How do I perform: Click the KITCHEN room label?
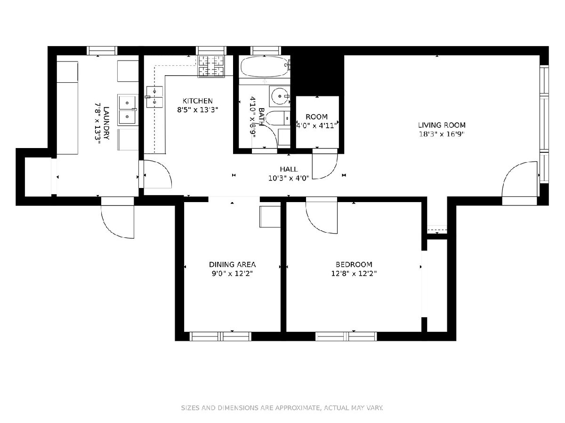point(197,101)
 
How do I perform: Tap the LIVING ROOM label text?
point(442,125)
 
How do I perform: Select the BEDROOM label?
point(354,264)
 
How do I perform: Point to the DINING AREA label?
point(232,264)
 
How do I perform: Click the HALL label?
point(289,169)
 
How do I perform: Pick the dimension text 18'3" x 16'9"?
point(442,134)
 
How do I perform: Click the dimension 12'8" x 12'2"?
point(354,274)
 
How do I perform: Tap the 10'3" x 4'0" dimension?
point(289,178)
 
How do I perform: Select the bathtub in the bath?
point(265,67)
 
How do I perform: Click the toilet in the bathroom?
point(277,118)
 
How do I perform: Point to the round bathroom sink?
point(280,96)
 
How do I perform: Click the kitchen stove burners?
point(211,66)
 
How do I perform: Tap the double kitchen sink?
point(154,97)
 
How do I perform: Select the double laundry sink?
point(127,110)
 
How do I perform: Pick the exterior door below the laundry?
point(118,217)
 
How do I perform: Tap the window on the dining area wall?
point(220,337)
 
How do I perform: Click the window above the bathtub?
point(266,51)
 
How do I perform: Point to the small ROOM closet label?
point(316,117)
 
